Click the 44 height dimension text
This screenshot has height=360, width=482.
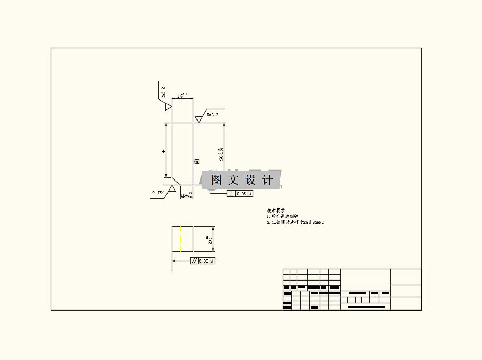click(x=164, y=151)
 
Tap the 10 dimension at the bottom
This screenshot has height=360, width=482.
click(x=184, y=195)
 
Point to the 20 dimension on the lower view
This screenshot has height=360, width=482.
click(x=210, y=239)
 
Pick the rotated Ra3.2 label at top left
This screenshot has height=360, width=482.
click(x=163, y=93)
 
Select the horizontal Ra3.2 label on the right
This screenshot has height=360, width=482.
click(x=212, y=114)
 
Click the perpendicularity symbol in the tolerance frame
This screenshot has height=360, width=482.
click(x=231, y=194)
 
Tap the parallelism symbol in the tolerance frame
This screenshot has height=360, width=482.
click(x=194, y=261)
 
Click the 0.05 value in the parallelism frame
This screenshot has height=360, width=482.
click(x=204, y=261)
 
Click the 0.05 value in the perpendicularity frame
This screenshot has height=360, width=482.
click(x=241, y=194)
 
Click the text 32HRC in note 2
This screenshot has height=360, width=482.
click(x=318, y=222)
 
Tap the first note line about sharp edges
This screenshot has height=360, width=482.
click(x=282, y=216)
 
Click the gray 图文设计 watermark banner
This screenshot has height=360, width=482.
click(x=242, y=180)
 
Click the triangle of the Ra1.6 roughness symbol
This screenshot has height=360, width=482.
click(x=172, y=187)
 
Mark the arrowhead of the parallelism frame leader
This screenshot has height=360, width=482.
click(x=174, y=261)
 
